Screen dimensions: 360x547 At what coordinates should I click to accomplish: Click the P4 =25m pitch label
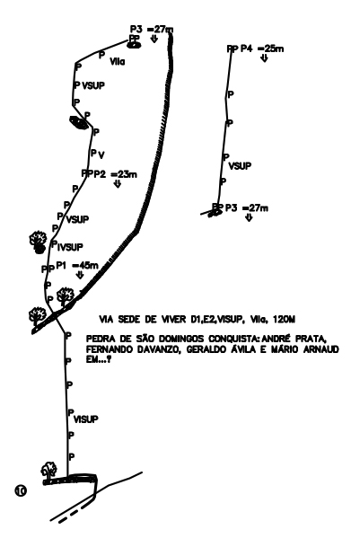262,49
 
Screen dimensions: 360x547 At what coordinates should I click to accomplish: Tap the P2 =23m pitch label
115,173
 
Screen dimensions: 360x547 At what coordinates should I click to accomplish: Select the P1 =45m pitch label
77,266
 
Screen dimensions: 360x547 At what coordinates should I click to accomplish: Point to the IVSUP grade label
70,247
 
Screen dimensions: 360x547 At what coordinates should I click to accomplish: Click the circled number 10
21,490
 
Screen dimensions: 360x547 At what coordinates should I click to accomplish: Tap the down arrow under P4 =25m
264,58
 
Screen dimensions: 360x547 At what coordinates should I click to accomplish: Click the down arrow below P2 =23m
118,183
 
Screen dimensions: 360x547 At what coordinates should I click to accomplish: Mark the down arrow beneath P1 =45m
80,275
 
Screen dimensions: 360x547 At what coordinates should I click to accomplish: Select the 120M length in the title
284,319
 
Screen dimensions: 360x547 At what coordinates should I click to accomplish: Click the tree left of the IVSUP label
38,241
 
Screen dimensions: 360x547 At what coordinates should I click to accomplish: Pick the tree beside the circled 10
49,470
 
